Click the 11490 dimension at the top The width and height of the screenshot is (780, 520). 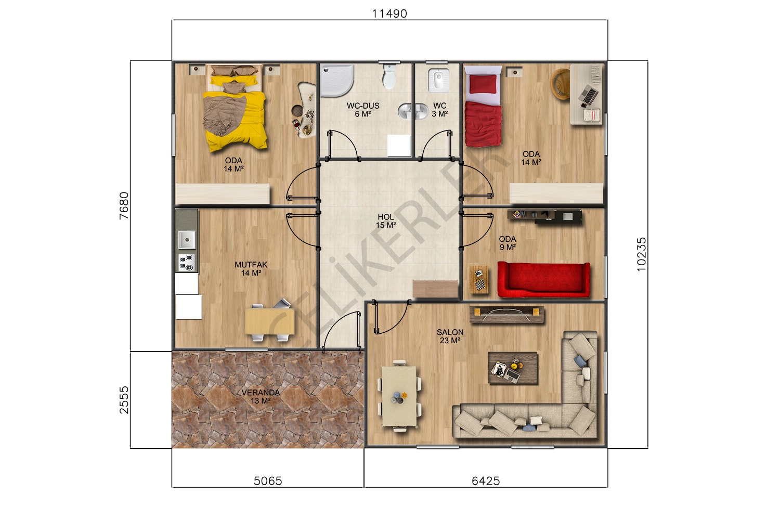pyautogui.click(x=389, y=14)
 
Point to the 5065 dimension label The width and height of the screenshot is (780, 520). pyautogui.click(x=268, y=481)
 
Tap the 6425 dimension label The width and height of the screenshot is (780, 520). pyautogui.click(x=486, y=481)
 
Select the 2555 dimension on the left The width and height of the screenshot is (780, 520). pyautogui.click(x=124, y=400)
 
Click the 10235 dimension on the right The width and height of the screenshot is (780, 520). pyautogui.click(x=641, y=254)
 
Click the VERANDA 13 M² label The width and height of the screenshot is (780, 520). pyautogui.click(x=261, y=397)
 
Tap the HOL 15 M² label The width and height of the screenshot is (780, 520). pyautogui.click(x=386, y=221)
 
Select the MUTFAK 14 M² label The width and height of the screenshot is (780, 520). pyautogui.click(x=251, y=269)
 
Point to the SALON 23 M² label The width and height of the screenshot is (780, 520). pyautogui.click(x=450, y=336)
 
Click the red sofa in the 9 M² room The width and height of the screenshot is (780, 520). pyautogui.click(x=543, y=279)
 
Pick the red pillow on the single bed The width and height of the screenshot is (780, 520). pyautogui.click(x=483, y=84)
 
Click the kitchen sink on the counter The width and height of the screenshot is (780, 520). pyautogui.click(x=187, y=240)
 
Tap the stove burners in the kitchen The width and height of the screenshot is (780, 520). pyautogui.click(x=187, y=263)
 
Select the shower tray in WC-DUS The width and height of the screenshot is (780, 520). pyautogui.click(x=336, y=80)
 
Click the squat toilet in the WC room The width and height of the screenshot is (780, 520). pyautogui.click(x=438, y=81)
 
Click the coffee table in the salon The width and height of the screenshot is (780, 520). pyautogui.click(x=513, y=368)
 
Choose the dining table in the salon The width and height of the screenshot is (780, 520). pyautogui.click(x=399, y=396)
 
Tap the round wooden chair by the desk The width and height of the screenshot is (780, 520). pyautogui.click(x=560, y=84)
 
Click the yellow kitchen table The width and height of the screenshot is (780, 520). pyautogui.click(x=270, y=321)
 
